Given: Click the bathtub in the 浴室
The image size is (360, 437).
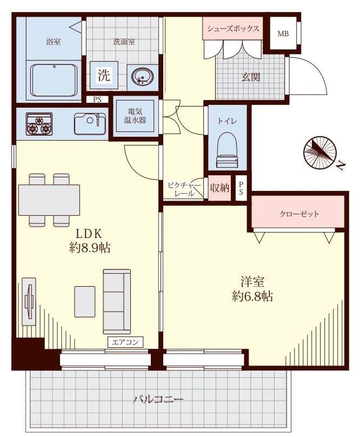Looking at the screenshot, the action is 54,80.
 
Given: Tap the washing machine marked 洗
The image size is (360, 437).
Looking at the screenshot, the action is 104,75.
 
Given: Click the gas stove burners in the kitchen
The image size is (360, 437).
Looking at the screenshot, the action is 39,124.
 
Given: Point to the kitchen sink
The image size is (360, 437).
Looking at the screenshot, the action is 90,124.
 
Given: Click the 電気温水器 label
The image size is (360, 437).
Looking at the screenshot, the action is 135,116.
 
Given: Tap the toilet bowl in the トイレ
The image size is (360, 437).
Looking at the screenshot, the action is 227,150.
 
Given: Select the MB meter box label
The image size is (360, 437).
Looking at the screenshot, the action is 283,34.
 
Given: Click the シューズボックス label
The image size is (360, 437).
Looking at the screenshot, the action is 233,29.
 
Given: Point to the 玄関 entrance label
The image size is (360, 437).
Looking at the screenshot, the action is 251,77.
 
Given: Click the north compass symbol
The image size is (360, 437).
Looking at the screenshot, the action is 320,153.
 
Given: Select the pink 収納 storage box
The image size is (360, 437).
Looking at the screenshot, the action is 219,188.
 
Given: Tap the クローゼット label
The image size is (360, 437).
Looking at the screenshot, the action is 299,214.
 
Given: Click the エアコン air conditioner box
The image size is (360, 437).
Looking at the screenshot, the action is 125,342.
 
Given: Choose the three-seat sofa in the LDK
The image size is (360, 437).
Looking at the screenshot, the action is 117,302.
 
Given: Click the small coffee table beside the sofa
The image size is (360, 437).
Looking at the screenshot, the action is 85,302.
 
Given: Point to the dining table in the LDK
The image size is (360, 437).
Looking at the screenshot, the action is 49,200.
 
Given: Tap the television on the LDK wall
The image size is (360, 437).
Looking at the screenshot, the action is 29,302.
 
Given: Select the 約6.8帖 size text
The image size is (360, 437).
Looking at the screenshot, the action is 252,296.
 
